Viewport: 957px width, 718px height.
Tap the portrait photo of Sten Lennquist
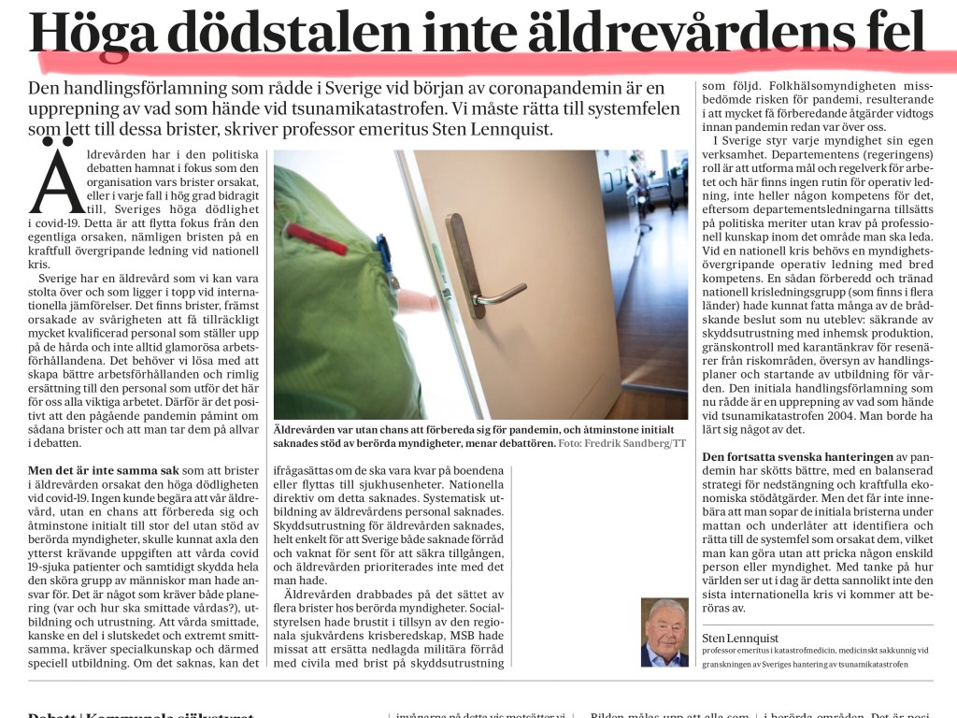coord(664,632)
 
